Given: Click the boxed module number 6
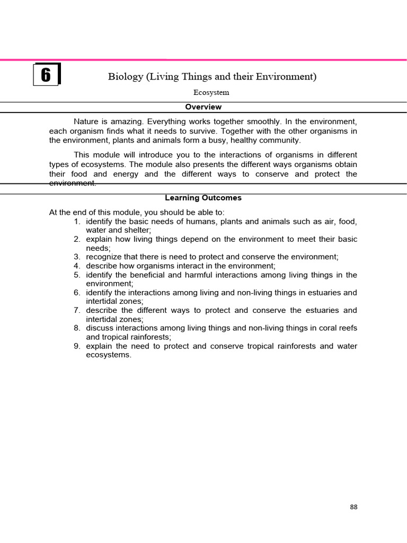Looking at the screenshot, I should point(46,75).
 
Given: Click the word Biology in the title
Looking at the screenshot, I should point(126,77).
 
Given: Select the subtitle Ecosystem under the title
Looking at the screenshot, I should point(211,92).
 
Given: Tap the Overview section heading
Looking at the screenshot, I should point(203,107).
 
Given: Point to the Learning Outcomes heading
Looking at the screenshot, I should point(203,198).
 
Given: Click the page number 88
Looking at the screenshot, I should point(353,507).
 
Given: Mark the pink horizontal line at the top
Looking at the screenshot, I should point(203,59).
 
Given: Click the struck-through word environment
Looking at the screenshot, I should point(73,183).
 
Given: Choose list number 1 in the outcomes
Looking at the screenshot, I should point(77,222).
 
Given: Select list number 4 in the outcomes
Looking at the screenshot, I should point(77,266).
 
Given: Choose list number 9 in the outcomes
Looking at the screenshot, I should point(77,346).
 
